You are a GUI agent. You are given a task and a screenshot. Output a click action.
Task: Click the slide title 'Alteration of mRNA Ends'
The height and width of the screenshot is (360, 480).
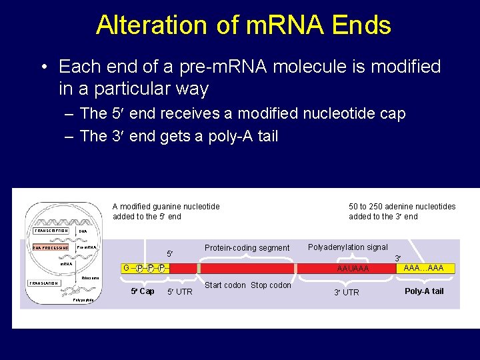(243, 25)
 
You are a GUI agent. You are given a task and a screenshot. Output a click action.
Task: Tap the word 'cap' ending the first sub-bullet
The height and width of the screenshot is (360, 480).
(391, 114)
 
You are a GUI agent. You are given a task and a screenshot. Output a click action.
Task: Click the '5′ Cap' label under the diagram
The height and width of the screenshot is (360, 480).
(142, 291)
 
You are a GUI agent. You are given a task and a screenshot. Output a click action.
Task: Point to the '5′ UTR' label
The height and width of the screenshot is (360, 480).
(179, 292)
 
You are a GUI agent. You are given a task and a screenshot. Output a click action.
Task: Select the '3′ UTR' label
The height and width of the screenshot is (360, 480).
(346, 293)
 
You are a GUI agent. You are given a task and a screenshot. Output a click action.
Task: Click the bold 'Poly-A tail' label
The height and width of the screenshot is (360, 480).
(424, 291)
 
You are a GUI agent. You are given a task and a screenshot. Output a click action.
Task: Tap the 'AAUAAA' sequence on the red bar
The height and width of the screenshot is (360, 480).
(353, 269)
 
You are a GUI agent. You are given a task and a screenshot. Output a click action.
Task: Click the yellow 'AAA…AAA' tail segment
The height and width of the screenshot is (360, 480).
(423, 268)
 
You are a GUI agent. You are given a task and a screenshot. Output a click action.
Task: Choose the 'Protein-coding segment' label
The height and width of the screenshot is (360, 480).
(247, 248)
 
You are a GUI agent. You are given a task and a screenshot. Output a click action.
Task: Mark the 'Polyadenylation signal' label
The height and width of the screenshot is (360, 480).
(347, 247)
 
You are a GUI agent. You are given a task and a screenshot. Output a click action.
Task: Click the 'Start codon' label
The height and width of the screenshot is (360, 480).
(225, 285)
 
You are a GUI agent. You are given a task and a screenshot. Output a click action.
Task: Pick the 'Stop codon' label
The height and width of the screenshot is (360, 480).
(271, 285)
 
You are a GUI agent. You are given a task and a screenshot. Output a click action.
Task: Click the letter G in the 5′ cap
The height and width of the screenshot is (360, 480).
(126, 268)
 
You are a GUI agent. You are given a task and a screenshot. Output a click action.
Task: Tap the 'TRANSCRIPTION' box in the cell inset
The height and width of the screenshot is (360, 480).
(51, 231)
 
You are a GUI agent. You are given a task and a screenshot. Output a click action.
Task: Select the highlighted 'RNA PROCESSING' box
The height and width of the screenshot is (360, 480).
(51, 247)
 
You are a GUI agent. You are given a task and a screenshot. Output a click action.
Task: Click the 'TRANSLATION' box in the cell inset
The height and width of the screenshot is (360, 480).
(45, 283)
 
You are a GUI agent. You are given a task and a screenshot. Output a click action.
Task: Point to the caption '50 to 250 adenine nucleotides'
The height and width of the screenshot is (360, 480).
(402, 207)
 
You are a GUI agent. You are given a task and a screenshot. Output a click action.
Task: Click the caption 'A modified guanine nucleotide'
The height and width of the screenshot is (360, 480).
(166, 207)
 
